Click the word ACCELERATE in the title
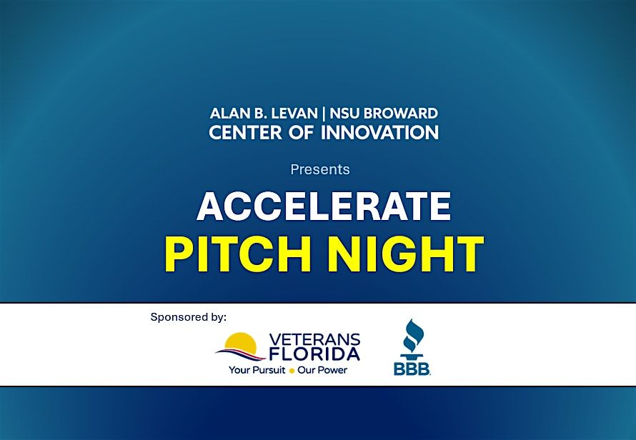(x=324, y=206)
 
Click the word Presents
(x=320, y=169)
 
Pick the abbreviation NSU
(x=337, y=113)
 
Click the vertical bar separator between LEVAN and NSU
(x=314, y=113)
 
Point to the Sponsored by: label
(x=188, y=316)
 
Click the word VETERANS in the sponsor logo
(x=315, y=339)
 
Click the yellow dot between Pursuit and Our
(x=292, y=371)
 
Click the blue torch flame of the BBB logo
(x=412, y=333)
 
